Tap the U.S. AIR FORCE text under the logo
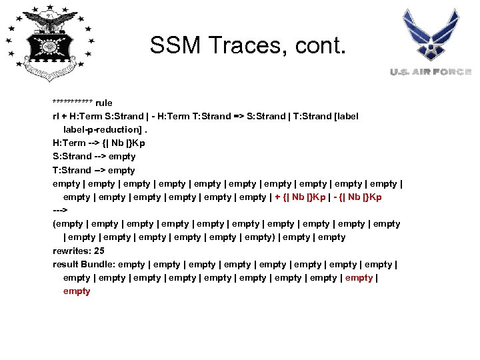click(431, 72)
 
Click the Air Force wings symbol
click(431, 37)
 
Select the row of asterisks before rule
click(73, 103)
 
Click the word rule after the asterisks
click(104, 103)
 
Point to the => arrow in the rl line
click(237, 116)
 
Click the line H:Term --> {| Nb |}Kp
click(99, 143)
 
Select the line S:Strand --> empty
click(94, 156)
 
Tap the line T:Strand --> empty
click(94, 170)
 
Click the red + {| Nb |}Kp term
click(300, 197)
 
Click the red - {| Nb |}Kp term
click(355, 197)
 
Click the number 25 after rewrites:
click(99, 251)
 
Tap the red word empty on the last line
click(77, 291)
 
